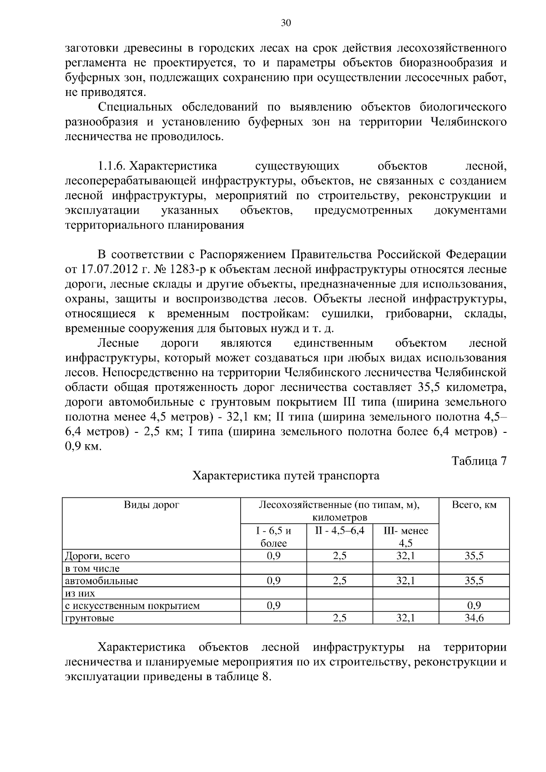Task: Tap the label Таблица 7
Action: coord(479,461)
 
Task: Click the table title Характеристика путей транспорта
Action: coord(286,476)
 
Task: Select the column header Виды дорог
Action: coord(152,506)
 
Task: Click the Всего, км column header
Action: coord(474,506)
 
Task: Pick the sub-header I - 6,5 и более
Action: coord(273,537)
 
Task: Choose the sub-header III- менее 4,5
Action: coord(405,537)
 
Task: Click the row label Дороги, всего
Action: coord(97,556)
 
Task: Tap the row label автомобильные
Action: coord(101,581)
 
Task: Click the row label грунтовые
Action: coord(89,618)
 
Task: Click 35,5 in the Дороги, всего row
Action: coord(474,556)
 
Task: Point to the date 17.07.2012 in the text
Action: coord(108,269)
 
